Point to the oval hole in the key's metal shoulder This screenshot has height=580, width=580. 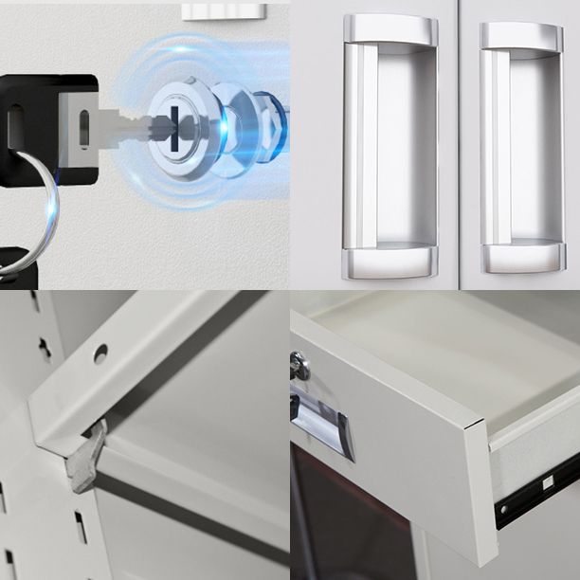83,128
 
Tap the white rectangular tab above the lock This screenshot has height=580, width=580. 219,10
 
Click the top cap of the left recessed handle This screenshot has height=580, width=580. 390,28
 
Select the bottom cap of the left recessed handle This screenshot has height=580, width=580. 390,262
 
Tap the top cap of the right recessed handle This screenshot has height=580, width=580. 521,36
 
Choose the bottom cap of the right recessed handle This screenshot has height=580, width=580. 523,257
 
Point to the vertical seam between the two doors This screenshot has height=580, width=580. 460,142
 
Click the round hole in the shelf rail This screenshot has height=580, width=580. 100,353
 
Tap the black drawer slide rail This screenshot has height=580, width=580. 535,492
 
